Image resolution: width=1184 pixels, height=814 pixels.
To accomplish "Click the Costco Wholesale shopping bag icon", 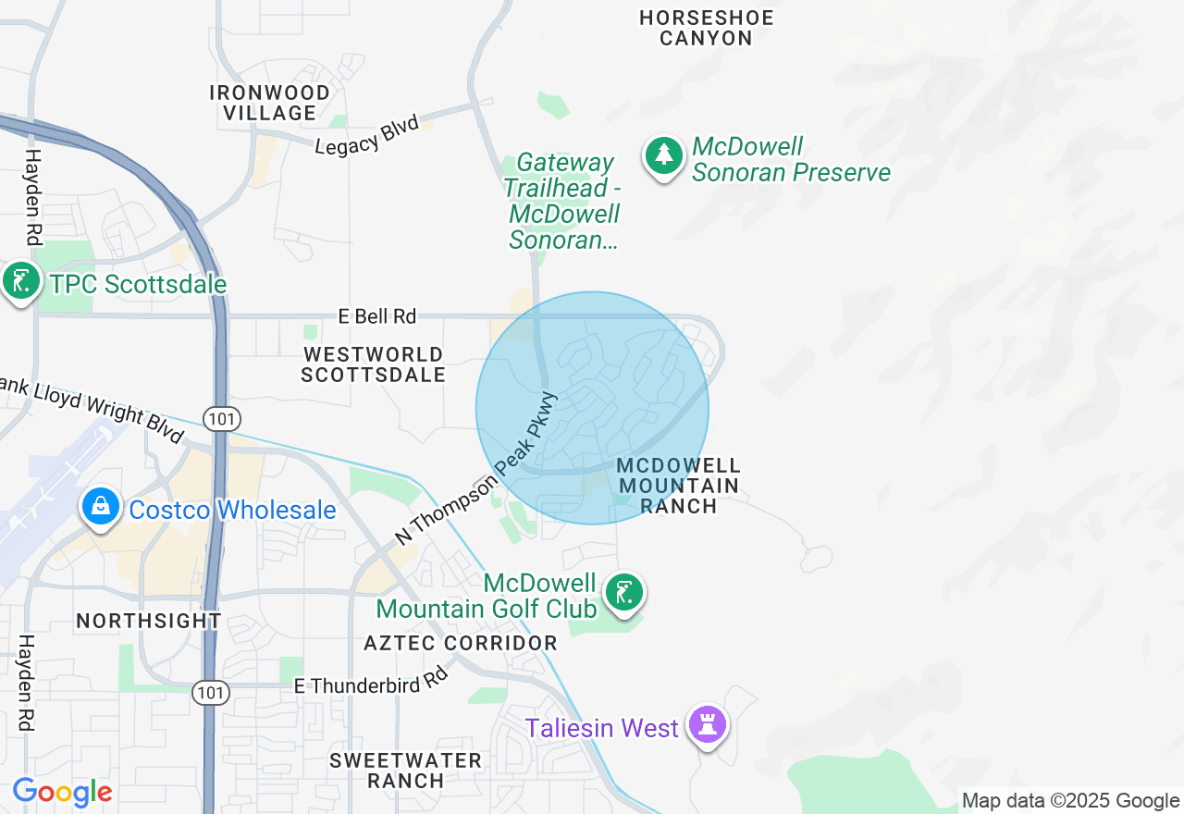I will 101,506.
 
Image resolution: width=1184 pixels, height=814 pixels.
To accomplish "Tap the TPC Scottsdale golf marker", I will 20,280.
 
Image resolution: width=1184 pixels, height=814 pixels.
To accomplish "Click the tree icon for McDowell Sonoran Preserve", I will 663,156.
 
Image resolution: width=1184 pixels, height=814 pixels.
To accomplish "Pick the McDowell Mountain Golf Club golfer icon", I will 624,592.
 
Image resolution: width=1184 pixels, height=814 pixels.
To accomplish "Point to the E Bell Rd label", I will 377,316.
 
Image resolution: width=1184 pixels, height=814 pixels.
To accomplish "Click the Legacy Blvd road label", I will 367,136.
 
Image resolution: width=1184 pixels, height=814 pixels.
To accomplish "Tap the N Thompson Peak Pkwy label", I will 476,468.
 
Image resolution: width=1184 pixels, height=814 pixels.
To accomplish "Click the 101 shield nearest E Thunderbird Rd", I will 211,692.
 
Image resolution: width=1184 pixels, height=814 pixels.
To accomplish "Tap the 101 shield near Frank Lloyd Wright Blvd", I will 223,419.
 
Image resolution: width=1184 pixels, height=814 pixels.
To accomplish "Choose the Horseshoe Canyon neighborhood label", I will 707,28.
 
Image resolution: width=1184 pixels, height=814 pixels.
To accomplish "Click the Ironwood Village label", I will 269,103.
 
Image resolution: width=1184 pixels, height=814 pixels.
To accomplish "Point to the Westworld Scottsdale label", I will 373,364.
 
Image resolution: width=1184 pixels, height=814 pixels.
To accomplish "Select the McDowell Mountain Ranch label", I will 679,486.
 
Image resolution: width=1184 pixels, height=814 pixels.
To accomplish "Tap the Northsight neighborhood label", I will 149,621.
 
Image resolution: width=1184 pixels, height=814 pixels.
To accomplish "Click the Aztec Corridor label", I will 461,643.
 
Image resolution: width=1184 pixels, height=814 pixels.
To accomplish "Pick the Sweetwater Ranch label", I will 406,771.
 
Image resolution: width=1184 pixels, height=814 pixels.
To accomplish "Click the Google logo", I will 62,792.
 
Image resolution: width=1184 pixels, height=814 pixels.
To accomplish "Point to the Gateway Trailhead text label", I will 562,202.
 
